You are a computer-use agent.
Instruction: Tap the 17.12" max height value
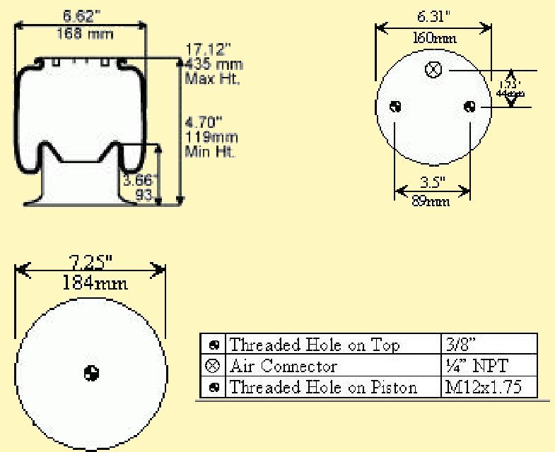[x=208, y=49]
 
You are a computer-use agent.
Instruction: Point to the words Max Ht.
[x=212, y=78]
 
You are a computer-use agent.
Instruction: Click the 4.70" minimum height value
[x=204, y=121]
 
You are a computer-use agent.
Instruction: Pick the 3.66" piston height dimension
[x=140, y=180]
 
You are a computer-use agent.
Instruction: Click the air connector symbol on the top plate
[x=433, y=70]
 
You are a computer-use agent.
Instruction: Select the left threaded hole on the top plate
[x=396, y=107]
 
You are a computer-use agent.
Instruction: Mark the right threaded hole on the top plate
[x=469, y=107]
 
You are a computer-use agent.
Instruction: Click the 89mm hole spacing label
[x=431, y=202]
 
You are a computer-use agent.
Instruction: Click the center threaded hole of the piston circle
[x=91, y=371]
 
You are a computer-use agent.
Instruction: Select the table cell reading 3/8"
[x=461, y=345]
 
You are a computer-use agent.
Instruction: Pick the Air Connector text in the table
[x=284, y=366]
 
